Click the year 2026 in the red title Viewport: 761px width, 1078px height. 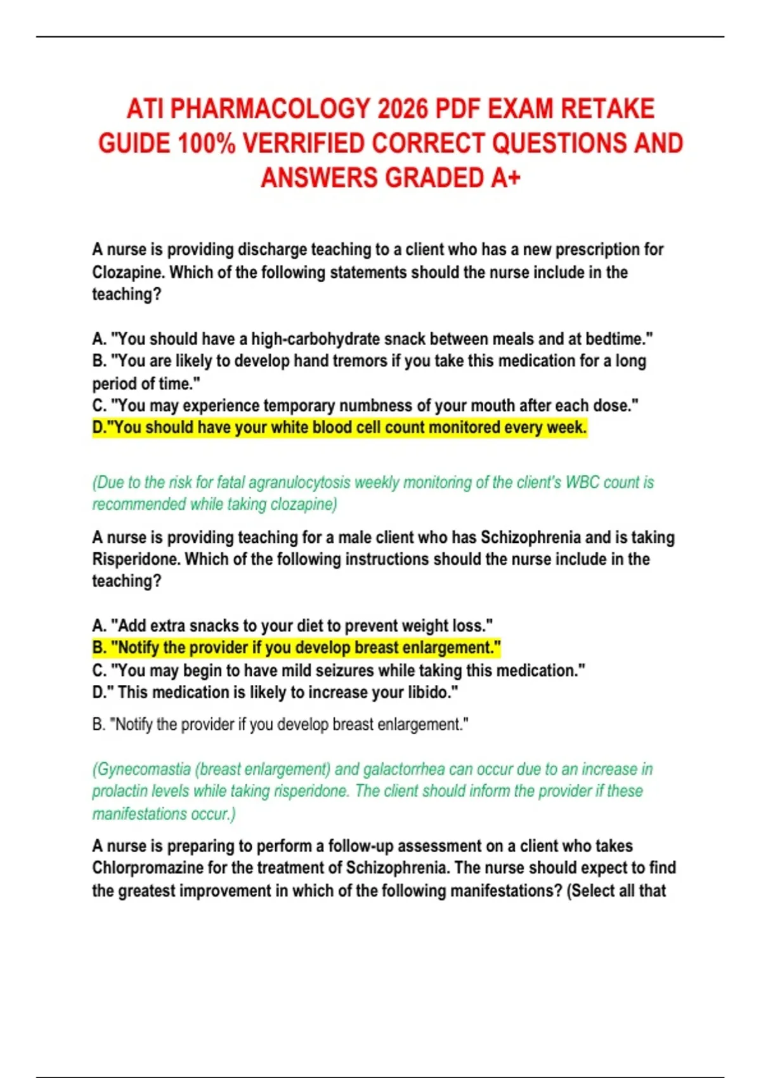tap(402, 109)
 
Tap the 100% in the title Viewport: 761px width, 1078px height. tap(206, 143)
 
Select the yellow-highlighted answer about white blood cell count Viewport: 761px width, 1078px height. tap(339, 428)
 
